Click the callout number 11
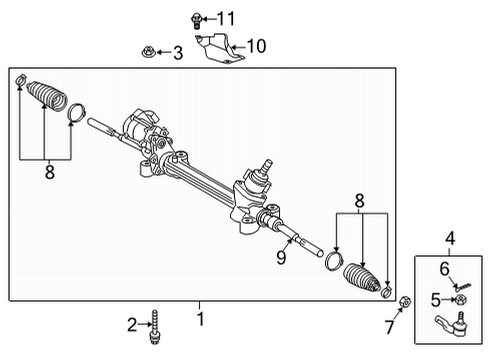[227, 17]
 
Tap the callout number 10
[257, 45]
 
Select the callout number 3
[178, 52]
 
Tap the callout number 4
[450, 239]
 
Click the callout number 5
[435, 298]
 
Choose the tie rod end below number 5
[460, 319]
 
